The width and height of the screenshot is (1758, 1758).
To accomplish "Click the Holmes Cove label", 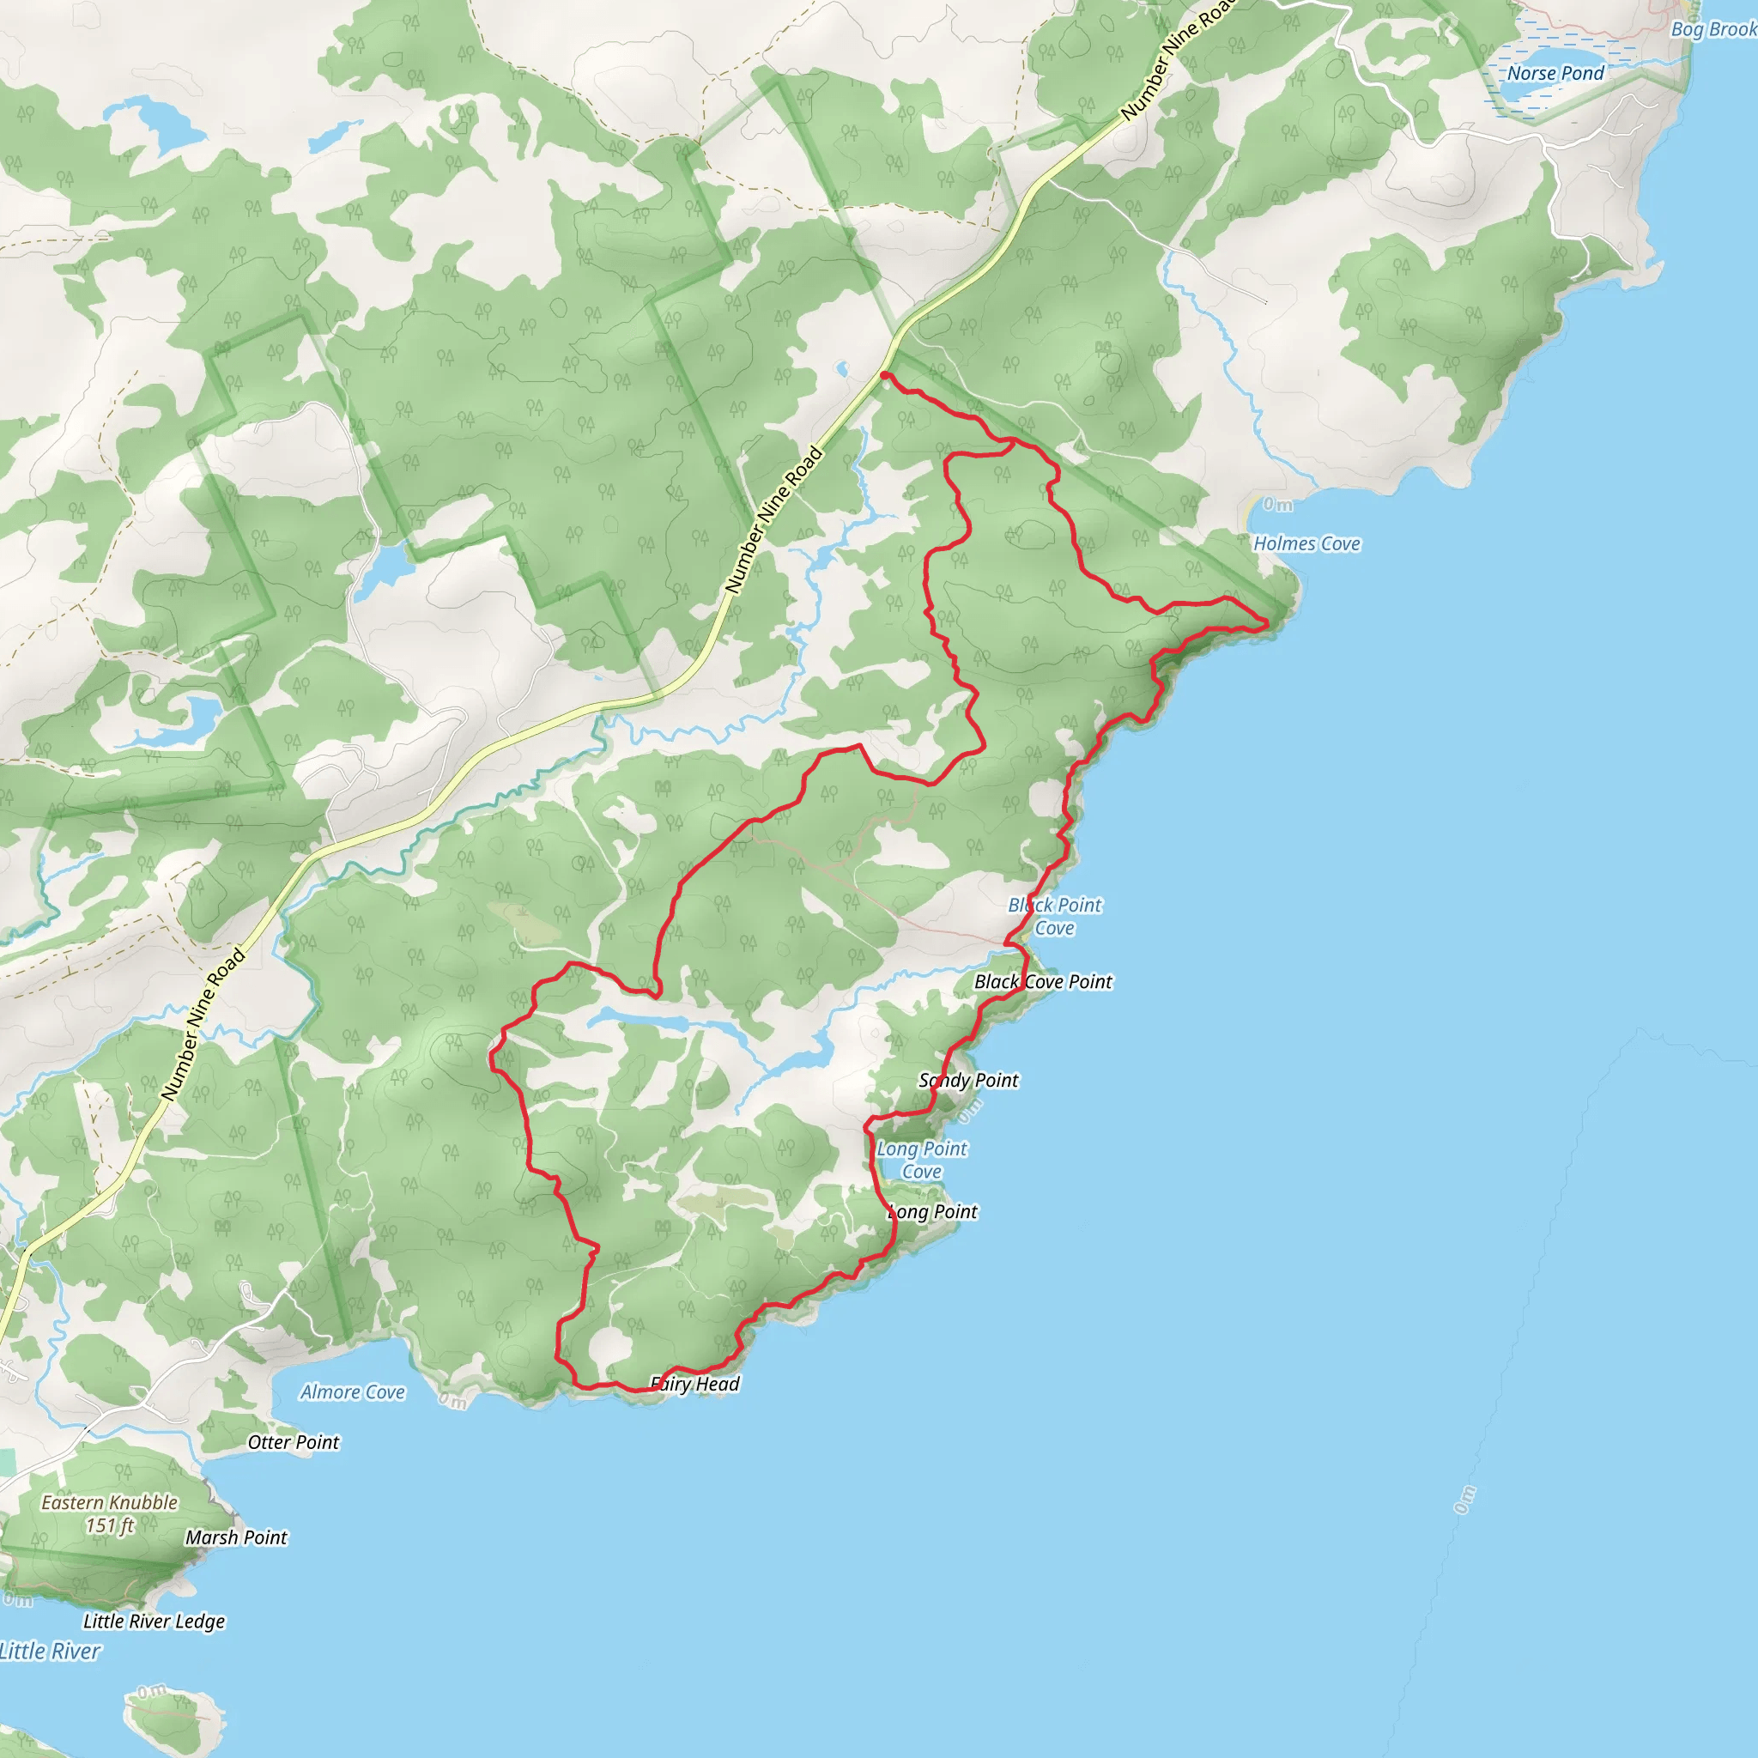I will point(1306,543).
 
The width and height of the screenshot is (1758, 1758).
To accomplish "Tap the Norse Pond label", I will point(1555,73).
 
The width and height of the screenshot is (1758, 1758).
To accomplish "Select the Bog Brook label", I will point(1713,29).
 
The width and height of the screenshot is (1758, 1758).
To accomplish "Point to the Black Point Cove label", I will point(1055,916).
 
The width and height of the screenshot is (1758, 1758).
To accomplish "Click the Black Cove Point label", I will point(1043,982).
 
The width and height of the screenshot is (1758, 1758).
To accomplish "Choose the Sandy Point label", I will point(968,1080).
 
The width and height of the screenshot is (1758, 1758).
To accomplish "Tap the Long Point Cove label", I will point(922,1161).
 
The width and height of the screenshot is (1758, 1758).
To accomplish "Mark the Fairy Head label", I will point(695,1384).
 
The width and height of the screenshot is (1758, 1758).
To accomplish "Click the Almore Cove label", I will point(352,1392).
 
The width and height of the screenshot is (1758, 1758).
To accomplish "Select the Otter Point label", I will point(293,1442).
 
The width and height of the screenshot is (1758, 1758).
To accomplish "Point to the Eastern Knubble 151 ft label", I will point(110,1514).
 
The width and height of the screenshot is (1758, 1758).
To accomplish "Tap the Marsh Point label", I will point(237,1537).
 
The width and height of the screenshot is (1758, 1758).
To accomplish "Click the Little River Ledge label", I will point(154,1622).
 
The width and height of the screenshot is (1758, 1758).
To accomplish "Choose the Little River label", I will point(50,1652).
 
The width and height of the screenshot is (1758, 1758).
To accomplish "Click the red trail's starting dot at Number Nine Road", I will point(884,375).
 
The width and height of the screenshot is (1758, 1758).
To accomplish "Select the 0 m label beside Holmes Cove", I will point(1277,505).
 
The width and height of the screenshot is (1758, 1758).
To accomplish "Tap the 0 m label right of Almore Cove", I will point(452,1401).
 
